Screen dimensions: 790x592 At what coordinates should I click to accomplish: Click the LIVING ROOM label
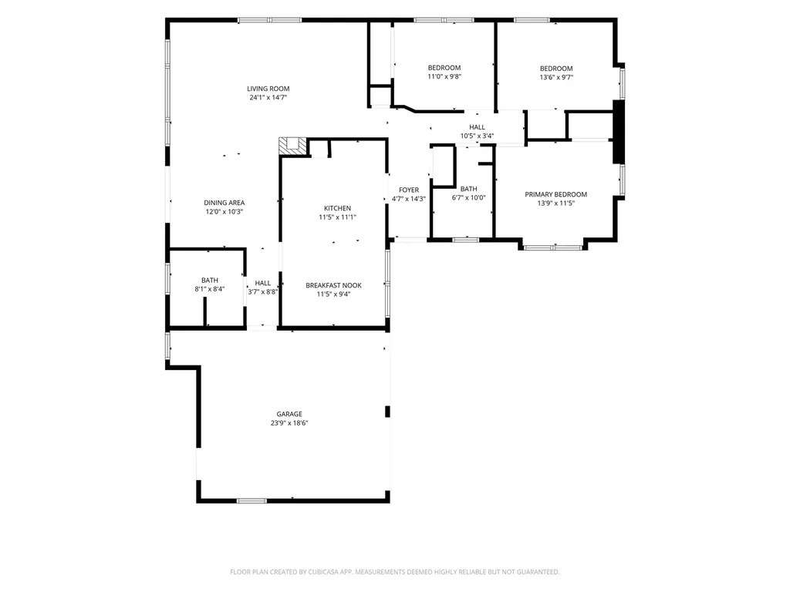tap(268, 89)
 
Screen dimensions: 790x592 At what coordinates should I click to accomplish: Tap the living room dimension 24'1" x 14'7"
tap(268, 98)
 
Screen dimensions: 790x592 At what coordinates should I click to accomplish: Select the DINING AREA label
tap(225, 203)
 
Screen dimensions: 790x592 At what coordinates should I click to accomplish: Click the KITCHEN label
tap(338, 208)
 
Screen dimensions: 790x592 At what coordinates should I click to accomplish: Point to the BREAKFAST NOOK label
tap(333, 285)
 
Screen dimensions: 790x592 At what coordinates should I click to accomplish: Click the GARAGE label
tap(289, 414)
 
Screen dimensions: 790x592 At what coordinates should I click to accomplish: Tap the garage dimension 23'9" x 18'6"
tap(289, 423)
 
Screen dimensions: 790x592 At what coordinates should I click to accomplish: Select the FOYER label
tap(409, 190)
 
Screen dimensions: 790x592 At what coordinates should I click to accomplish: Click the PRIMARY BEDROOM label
tap(555, 194)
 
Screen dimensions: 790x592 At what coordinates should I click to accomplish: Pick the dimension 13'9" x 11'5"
tap(555, 203)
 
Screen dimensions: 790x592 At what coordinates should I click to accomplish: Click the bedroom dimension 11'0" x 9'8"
tap(444, 77)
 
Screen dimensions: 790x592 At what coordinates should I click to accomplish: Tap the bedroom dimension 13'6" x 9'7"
tap(556, 78)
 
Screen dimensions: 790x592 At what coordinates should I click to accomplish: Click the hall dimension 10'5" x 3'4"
tap(477, 136)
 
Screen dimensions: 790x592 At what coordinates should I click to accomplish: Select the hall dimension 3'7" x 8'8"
tap(262, 292)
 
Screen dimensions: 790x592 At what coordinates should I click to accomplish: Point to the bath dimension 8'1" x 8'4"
tap(210, 290)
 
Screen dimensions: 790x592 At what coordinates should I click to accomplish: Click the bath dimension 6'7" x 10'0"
tap(468, 198)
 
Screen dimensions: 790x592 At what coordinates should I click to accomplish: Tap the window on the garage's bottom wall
tap(252, 501)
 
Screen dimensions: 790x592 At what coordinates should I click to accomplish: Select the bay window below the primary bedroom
tap(553, 247)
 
